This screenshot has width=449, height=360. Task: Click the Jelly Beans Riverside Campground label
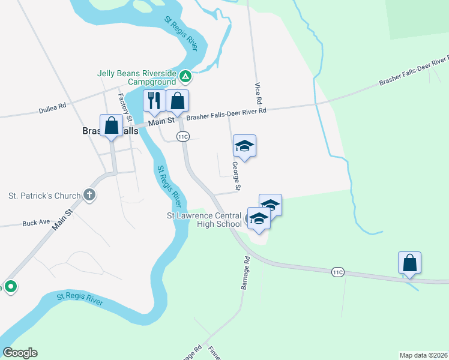coord(136,77)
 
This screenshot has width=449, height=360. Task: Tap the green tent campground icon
coord(185,77)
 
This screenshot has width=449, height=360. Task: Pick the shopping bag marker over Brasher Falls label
coord(111,126)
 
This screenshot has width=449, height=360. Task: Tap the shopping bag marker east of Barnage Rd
coord(409,262)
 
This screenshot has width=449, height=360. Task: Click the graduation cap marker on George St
coord(244,145)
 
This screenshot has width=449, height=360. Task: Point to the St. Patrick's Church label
coord(44,196)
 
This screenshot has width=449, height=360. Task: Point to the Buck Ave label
coord(36,223)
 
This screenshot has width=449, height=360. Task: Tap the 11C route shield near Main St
coord(184,137)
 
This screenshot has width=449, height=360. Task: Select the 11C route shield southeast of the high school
coord(337,272)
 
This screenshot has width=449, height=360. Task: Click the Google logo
coord(20,353)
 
